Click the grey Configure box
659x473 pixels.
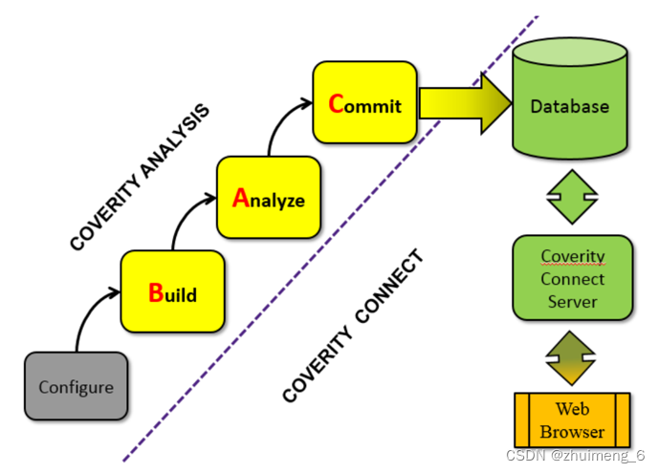click(x=76, y=387)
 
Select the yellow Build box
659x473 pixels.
click(x=172, y=291)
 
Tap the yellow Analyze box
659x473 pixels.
click(x=268, y=198)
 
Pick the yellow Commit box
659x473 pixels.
click(x=364, y=102)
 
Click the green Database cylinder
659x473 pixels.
click(x=570, y=105)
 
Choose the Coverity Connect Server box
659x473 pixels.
click(x=572, y=279)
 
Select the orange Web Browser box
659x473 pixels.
click(x=571, y=421)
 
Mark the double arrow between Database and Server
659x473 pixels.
click(x=571, y=197)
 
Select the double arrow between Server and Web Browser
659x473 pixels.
click(x=571, y=355)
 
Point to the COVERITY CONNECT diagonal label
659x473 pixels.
click(x=353, y=326)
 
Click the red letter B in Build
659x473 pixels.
click(x=156, y=292)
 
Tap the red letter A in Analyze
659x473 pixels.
click(x=241, y=199)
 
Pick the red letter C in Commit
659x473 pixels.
click(x=336, y=103)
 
